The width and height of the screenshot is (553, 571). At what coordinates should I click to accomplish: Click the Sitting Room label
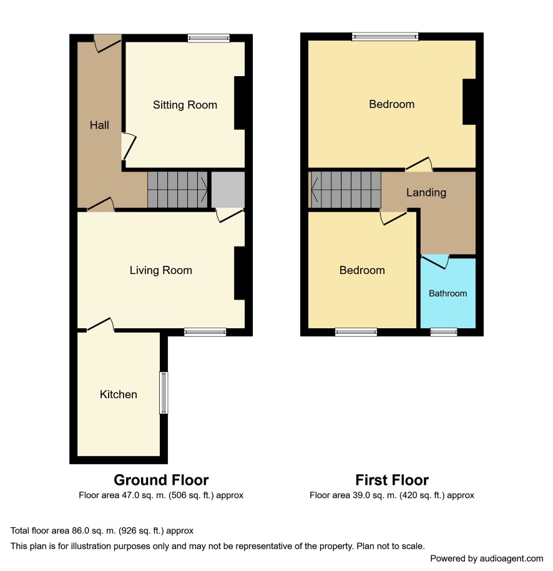tap(185, 105)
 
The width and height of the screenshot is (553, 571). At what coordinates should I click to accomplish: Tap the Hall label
tap(99, 125)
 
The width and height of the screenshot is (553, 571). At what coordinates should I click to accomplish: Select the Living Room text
tap(160, 270)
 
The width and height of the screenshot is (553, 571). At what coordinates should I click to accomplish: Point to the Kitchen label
tap(119, 394)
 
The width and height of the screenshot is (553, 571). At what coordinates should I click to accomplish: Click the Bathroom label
tap(448, 293)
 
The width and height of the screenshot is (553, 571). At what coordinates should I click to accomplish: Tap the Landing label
tap(426, 192)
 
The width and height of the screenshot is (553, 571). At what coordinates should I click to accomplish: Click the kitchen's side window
tap(164, 393)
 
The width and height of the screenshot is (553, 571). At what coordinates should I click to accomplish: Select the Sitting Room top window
tap(208, 38)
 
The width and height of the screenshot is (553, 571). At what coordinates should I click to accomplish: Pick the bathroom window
tap(444, 332)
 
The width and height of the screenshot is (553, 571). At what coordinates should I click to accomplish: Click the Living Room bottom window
tap(205, 332)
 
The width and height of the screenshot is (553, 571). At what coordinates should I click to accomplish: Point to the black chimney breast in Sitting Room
tap(239, 103)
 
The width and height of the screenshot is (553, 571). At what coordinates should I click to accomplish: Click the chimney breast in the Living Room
tap(239, 273)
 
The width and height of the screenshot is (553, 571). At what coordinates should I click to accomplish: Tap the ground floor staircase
tap(177, 190)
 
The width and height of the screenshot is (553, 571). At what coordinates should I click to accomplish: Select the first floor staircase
tap(345, 190)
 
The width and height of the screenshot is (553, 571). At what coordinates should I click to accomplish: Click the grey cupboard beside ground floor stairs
tap(228, 190)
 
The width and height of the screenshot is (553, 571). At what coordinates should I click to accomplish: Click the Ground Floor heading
tap(161, 480)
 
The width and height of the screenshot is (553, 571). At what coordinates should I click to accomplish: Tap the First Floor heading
tap(392, 480)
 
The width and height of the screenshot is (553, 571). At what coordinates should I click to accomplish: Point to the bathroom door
tap(435, 261)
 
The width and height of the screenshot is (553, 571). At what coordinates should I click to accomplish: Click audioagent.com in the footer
tap(511, 559)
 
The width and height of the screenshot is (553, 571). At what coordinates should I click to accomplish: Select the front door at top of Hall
tap(107, 44)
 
